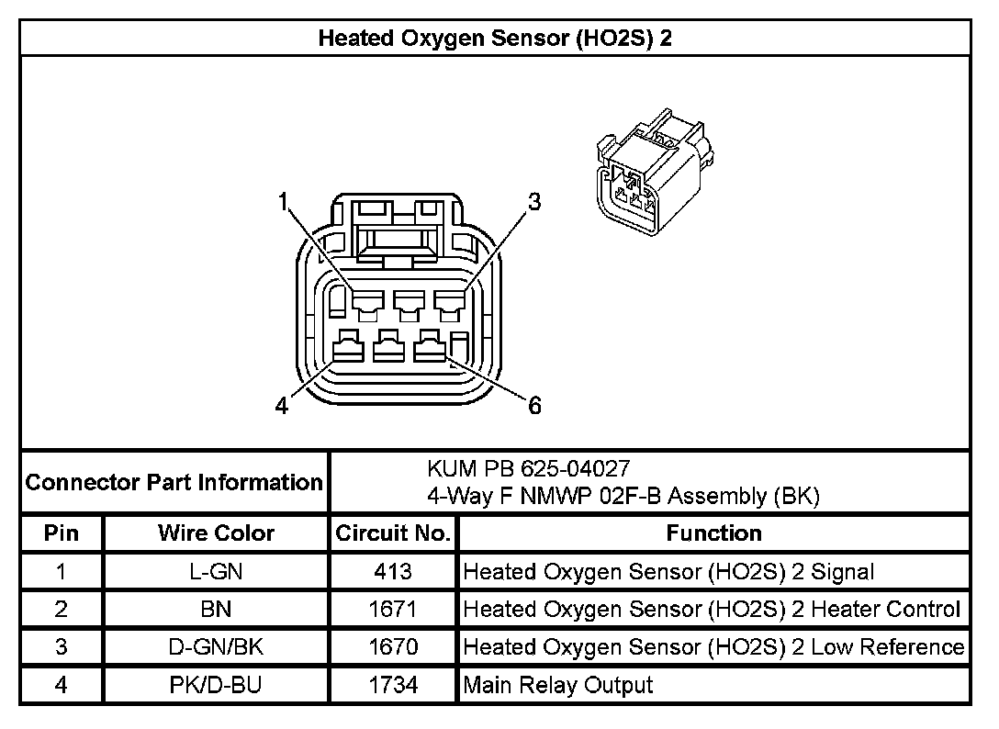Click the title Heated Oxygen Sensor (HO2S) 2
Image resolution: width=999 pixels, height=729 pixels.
pos(499,39)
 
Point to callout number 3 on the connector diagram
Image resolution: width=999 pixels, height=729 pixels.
pos(534,201)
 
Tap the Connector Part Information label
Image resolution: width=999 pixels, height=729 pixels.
pos(174,482)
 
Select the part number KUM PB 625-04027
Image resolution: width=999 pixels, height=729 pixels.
pos(529,469)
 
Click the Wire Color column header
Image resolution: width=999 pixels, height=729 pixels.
pos(216,533)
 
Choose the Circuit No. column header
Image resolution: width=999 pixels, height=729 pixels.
pos(393,533)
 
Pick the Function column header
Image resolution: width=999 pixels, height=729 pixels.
pos(713,533)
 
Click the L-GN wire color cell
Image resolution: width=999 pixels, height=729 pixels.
pos(216,572)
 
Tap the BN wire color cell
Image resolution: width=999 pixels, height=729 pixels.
pos(216,609)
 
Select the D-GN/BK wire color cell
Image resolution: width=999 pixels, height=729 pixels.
pos(216,646)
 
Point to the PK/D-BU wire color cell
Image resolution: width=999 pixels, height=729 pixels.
pos(216,684)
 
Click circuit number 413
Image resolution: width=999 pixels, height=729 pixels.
pos(393,572)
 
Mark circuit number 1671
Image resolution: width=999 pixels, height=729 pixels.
pos(393,609)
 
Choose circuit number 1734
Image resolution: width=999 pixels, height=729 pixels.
pos(393,684)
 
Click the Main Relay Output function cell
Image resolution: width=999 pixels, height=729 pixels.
pos(558,684)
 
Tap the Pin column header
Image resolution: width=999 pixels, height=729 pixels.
pos(62,533)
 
